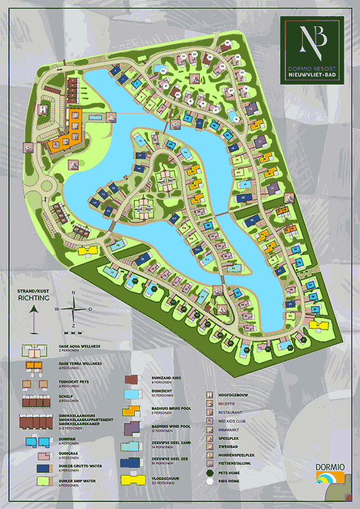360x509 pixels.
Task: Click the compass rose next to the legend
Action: pos(73,309)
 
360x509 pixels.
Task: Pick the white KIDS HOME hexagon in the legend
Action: pos(210,481)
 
